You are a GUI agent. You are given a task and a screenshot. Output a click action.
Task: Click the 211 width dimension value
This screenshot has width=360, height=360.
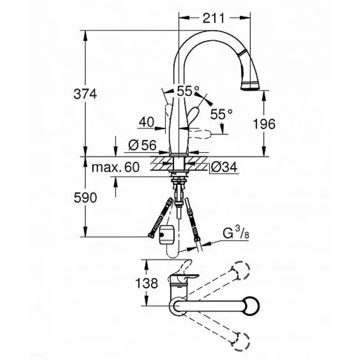[213, 18]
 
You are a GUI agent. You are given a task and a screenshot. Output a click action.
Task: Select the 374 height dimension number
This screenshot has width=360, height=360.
[85, 94]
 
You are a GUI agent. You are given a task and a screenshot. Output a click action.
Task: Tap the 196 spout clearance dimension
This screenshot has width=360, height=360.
[264, 124]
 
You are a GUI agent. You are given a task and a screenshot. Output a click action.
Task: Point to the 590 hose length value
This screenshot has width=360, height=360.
[85, 198]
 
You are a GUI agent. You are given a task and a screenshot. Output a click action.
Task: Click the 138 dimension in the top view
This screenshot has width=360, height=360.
[147, 283]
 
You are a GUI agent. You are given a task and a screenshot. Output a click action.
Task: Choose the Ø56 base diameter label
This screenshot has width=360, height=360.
[142, 145]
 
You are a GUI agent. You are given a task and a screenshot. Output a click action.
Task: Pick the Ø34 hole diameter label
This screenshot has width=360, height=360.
[224, 167]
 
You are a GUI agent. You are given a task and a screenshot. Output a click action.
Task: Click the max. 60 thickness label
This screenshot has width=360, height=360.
[116, 167]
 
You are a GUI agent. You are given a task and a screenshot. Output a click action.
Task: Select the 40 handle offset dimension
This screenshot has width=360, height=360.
[147, 122]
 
